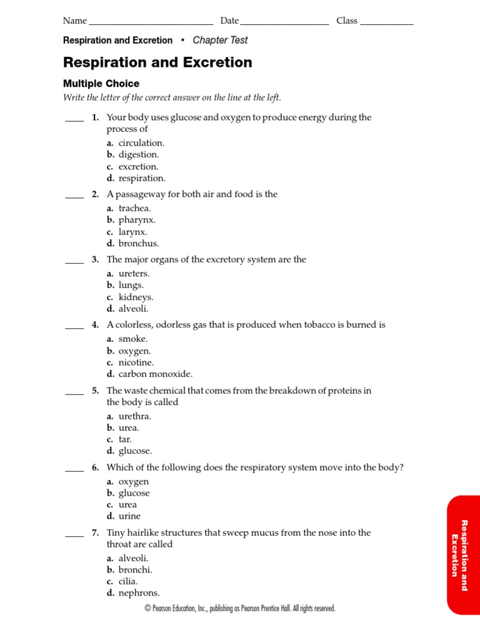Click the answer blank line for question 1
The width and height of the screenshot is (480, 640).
[x=74, y=121]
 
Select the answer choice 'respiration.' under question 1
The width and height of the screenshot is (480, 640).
[x=142, y=178]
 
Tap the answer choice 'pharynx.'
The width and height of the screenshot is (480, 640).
[x=137, y=220]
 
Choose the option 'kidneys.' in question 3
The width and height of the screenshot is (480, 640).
[x=136, y=297]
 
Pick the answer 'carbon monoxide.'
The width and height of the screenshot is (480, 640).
[x=156, y=374]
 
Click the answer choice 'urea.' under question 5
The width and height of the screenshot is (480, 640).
[x=129, y=428]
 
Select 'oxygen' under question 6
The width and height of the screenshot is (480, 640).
[x=134, y=482]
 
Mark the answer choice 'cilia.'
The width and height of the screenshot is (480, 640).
[x=128, y=581]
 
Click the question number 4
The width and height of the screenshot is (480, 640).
[x=95, y=325]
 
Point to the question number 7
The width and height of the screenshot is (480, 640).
[x=95, y=533]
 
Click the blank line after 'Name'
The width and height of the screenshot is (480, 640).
[x=151, y=24]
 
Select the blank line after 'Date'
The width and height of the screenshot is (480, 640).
[x=284, y=24]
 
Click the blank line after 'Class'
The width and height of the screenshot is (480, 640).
[x=387, y=24]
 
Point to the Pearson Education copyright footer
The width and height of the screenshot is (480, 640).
[x=240, y=609]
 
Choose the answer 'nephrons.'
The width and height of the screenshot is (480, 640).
[x=139, y=593]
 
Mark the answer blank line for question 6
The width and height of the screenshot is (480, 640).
[x=74, y=471]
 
